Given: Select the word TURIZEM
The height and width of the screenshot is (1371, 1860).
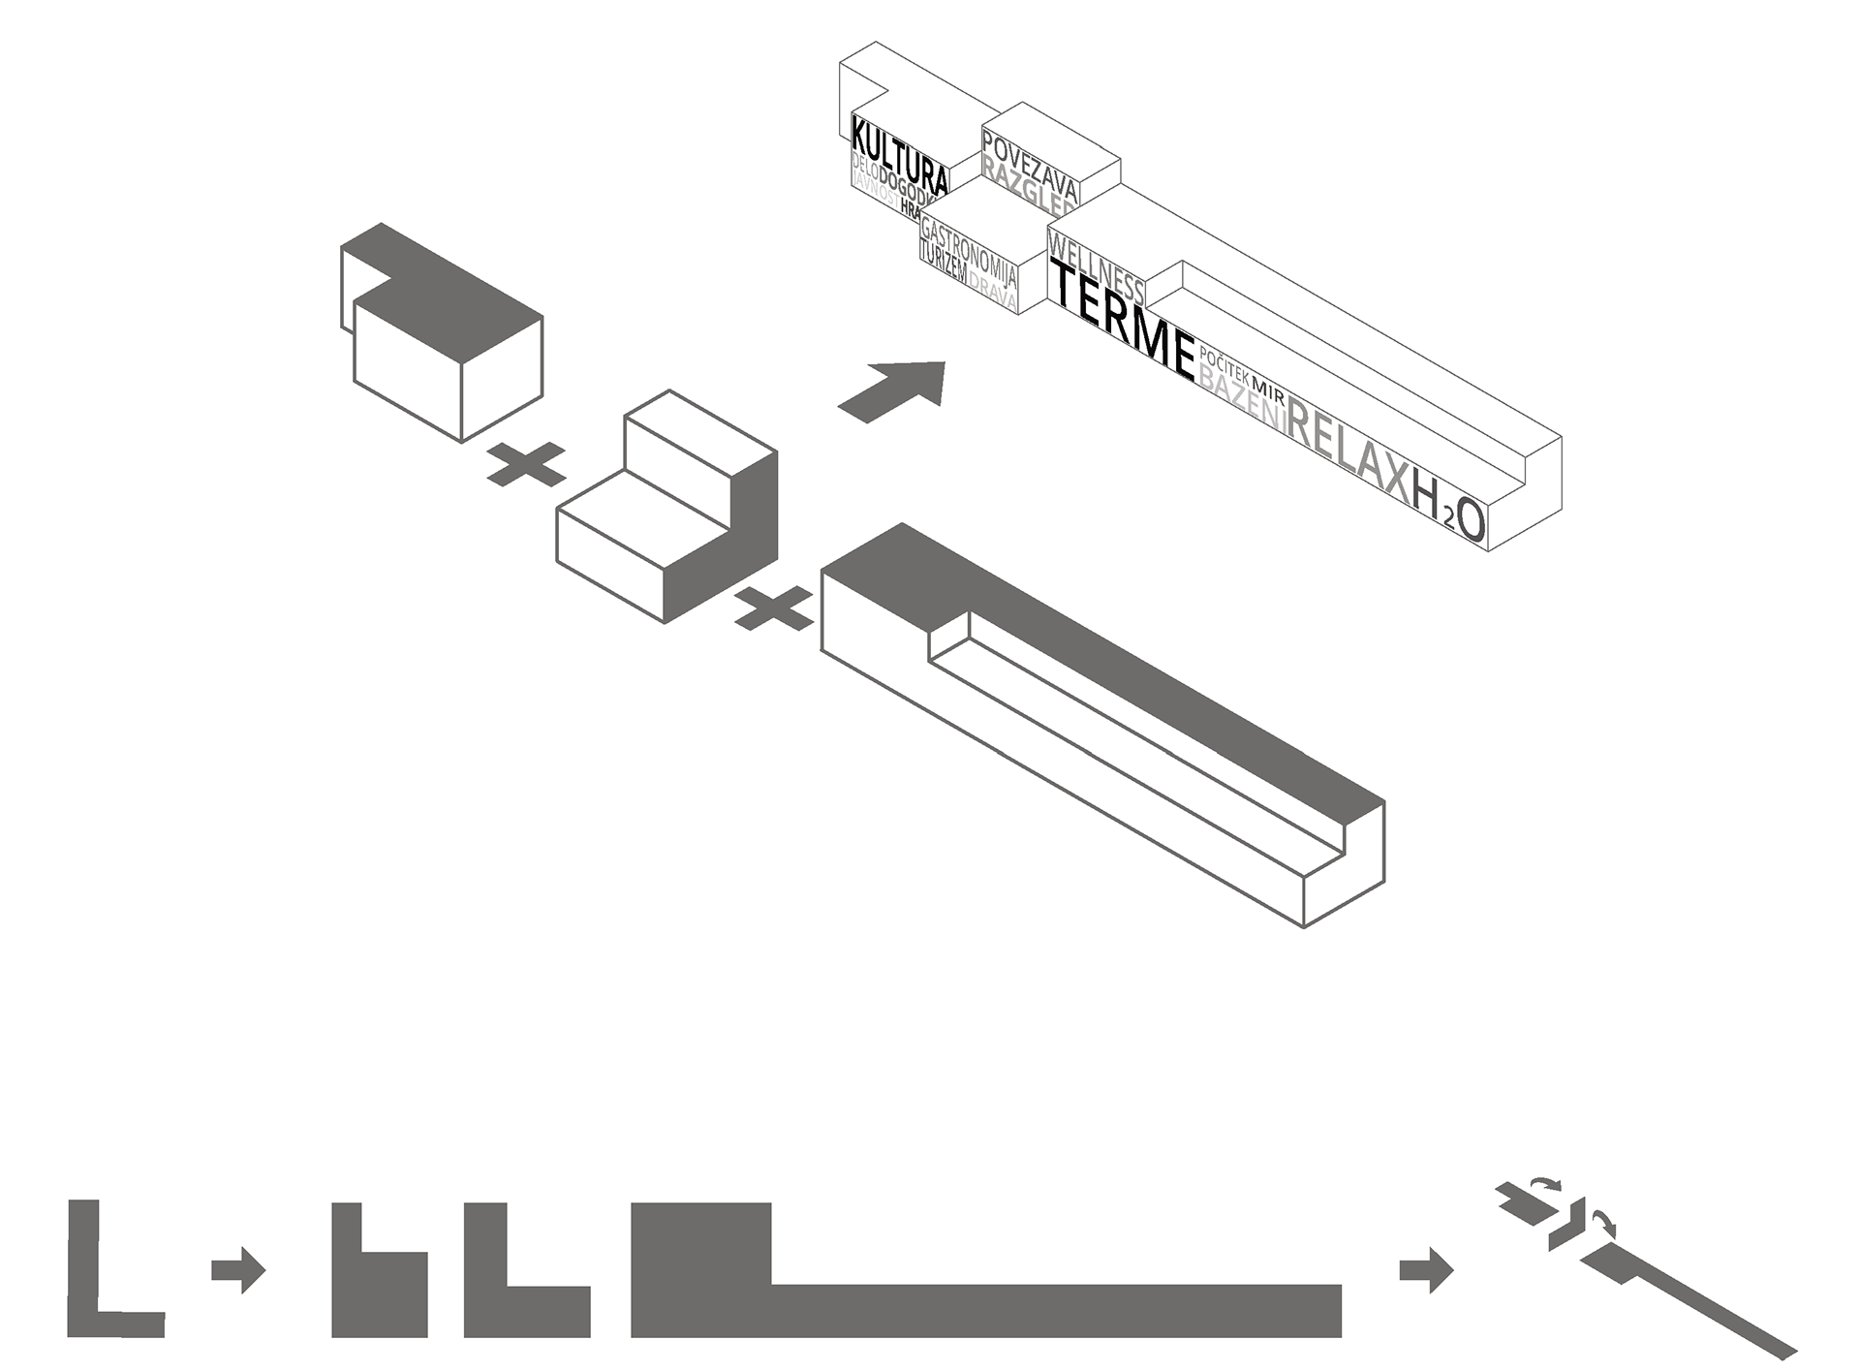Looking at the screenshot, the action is pyautogui.click(x=943, y=263).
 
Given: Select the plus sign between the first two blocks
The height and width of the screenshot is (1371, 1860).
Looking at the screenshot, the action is pyautogui.click(x=525, y=464).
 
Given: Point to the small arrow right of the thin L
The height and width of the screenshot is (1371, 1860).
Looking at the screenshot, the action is pyautogui.click(x=238, y=1268).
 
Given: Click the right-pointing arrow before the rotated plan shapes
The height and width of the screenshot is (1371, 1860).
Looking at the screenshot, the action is pyautogui.click(x=1426, y=1269).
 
